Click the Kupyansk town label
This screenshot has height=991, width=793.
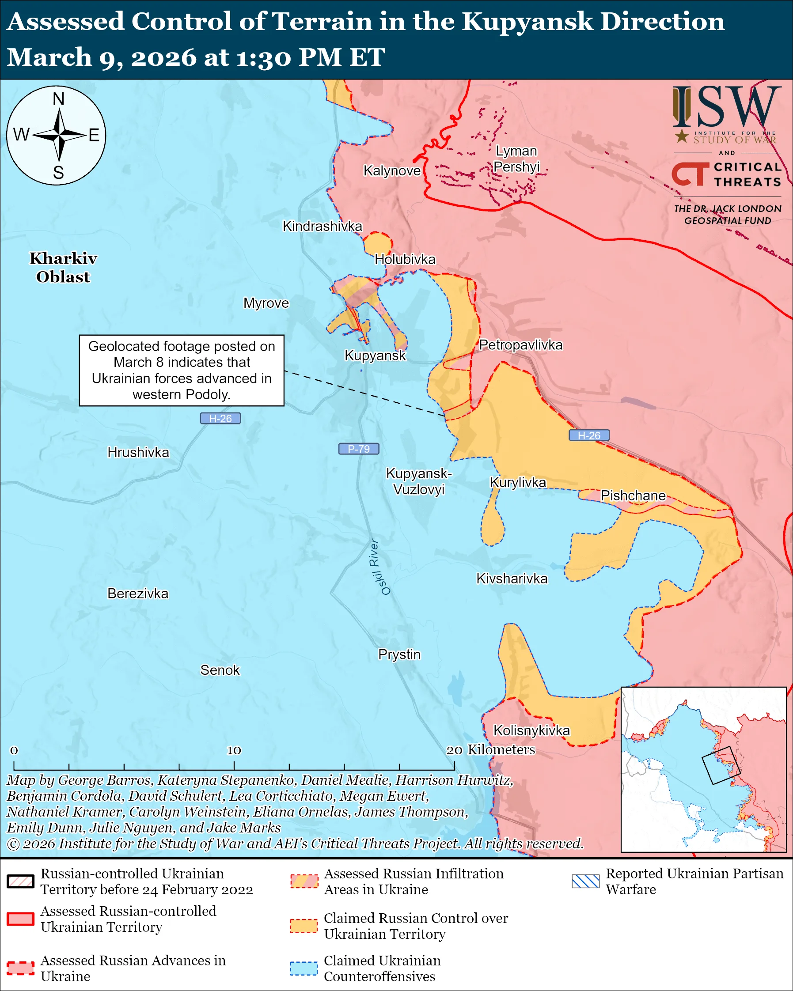(x=375, y=356)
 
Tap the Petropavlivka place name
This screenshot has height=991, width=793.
(x=520, y=345)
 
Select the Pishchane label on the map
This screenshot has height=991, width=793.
(x=633, y=496)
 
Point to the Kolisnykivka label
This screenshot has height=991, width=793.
(x=531, y=730)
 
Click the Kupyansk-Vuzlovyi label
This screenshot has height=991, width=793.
(x=419, y=481)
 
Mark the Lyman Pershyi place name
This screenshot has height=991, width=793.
(x=516, y=159)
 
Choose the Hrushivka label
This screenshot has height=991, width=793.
(x=138, y=452)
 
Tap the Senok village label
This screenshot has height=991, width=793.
(x=220, y=670)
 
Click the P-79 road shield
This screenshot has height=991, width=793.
(x=359, y=449)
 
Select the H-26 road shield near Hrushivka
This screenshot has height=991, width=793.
(x=220, y=418)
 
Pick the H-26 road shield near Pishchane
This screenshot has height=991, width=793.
(x=589, y=435)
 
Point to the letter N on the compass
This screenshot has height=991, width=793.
(x=58, y=99)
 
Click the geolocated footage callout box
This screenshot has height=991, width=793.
(x=182, y=370)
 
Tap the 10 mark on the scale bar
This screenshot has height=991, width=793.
(x=234, y=751)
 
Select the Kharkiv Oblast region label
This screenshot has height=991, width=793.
(x=64, y=268)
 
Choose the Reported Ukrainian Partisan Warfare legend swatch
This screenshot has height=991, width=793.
(x=586, y=881)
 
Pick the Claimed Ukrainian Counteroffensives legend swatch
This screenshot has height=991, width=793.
(x=304, y=968)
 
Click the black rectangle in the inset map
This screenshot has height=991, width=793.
(x=721, y=765)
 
